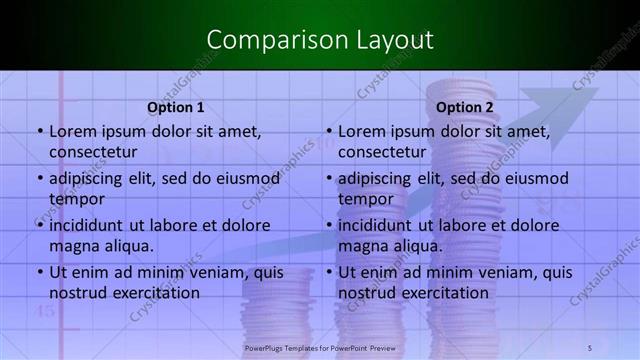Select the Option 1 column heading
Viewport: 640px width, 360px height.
(176, 107)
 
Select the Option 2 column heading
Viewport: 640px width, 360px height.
(465, 107)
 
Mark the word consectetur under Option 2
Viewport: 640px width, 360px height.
(384, 152)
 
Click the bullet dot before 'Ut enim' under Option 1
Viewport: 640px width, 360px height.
(39, 272)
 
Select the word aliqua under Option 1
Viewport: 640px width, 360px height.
(128, 246)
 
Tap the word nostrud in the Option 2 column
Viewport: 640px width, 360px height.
(366, 293)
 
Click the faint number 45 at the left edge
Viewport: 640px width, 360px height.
(46, 310)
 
